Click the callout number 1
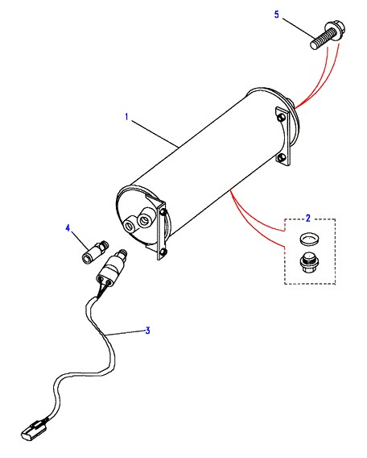pyautogui.click(x=126, y=117)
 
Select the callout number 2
pyautogui.click(x=307, y=219)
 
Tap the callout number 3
pyautogui.click(x=148, y=331)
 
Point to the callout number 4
pyautogui.click(x=68, y=228)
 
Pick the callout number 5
pyautogui.click(x=276, y=15)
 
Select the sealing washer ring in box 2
pyautogui.click(x=309, y=239)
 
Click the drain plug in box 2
pyautogui.click(x=308, y=262)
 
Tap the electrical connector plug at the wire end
pyautogui.click(x=33, y=431)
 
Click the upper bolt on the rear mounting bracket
pyautogui.click(x=282, y=117)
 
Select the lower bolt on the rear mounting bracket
pyautogui.click(x=281, y=157)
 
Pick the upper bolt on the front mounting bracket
pyautogui.click(x=163, y=211)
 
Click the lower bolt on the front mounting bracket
pyautogui.click(x=163, y=252)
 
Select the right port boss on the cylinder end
pyautogui.click(x=144, y=219)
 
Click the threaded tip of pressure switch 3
pyautogui.click(x=122, y=252)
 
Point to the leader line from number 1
pyautogui.click(x=155, y=134)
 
